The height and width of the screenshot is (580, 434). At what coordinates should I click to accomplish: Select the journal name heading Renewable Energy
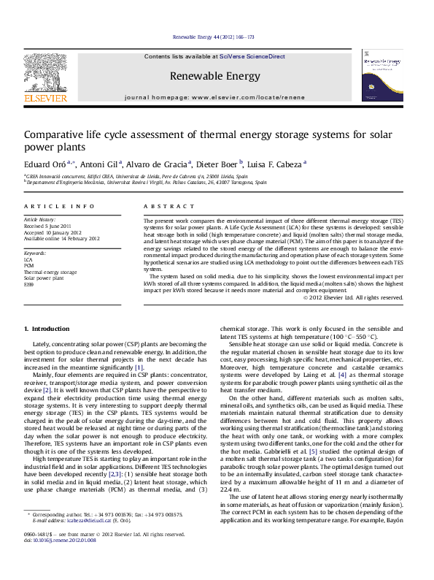click(x=214, y=76)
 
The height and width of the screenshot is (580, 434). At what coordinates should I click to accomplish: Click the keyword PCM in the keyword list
click(x=29, y=264)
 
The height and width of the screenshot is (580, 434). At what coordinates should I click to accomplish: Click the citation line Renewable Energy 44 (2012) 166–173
click(x=214, y=37)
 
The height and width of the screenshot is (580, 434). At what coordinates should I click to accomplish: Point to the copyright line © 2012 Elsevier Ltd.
click(x=362, y=298)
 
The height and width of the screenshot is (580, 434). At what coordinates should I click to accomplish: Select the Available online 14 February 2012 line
click(x=62, y=239)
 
